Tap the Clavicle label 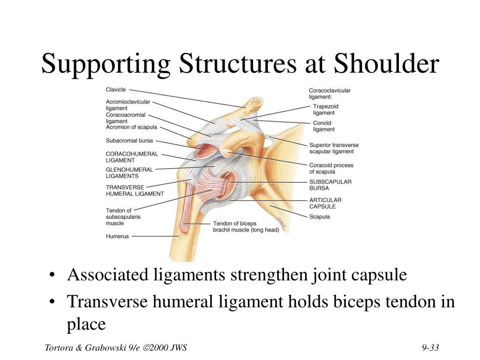click(x=116, y=90)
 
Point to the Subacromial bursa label click(x=129, y=140)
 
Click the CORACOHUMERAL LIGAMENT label click(x=132, y=157)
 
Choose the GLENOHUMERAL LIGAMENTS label click(x=129, y=173)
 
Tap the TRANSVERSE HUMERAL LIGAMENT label click(x=135, y=190)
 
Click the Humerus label click(x=117, y=237)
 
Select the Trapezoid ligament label click(x=325, y=110)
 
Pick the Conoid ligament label click(x=323, y=126)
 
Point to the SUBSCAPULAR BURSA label click(x=330, y=185)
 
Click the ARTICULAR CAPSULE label click(x=325, y=203)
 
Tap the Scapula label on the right click(x=319, y=217)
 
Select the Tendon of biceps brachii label click(x=246, y=226)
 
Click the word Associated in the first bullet click(x=109, y=275)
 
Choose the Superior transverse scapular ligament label click(x=334, y=148)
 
